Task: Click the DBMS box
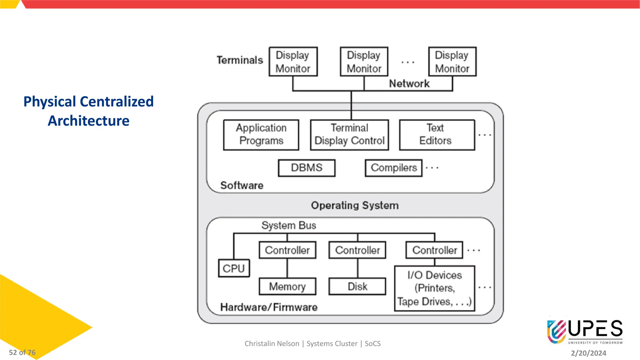click(307, 168)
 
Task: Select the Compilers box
click(393, 168)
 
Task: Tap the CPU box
click(234, 268)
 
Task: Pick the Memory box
click(287, 286)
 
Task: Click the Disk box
click(357, 286)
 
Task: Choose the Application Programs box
click(261, 135)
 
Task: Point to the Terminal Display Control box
click(349, 135)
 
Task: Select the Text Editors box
click(437, 135)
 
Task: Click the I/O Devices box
click(434, 288)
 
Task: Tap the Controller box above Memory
click(287, 250)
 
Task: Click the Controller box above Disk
click(357, 250)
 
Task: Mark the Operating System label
click(355, 205)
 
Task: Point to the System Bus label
click(288, 225)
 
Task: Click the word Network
click(409, 83)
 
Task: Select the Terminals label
click(240, 60)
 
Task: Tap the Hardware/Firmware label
click(269, 307)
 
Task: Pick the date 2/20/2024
click(588, 353)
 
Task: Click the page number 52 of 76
click(22, 352)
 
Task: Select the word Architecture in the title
click(88, 121)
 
